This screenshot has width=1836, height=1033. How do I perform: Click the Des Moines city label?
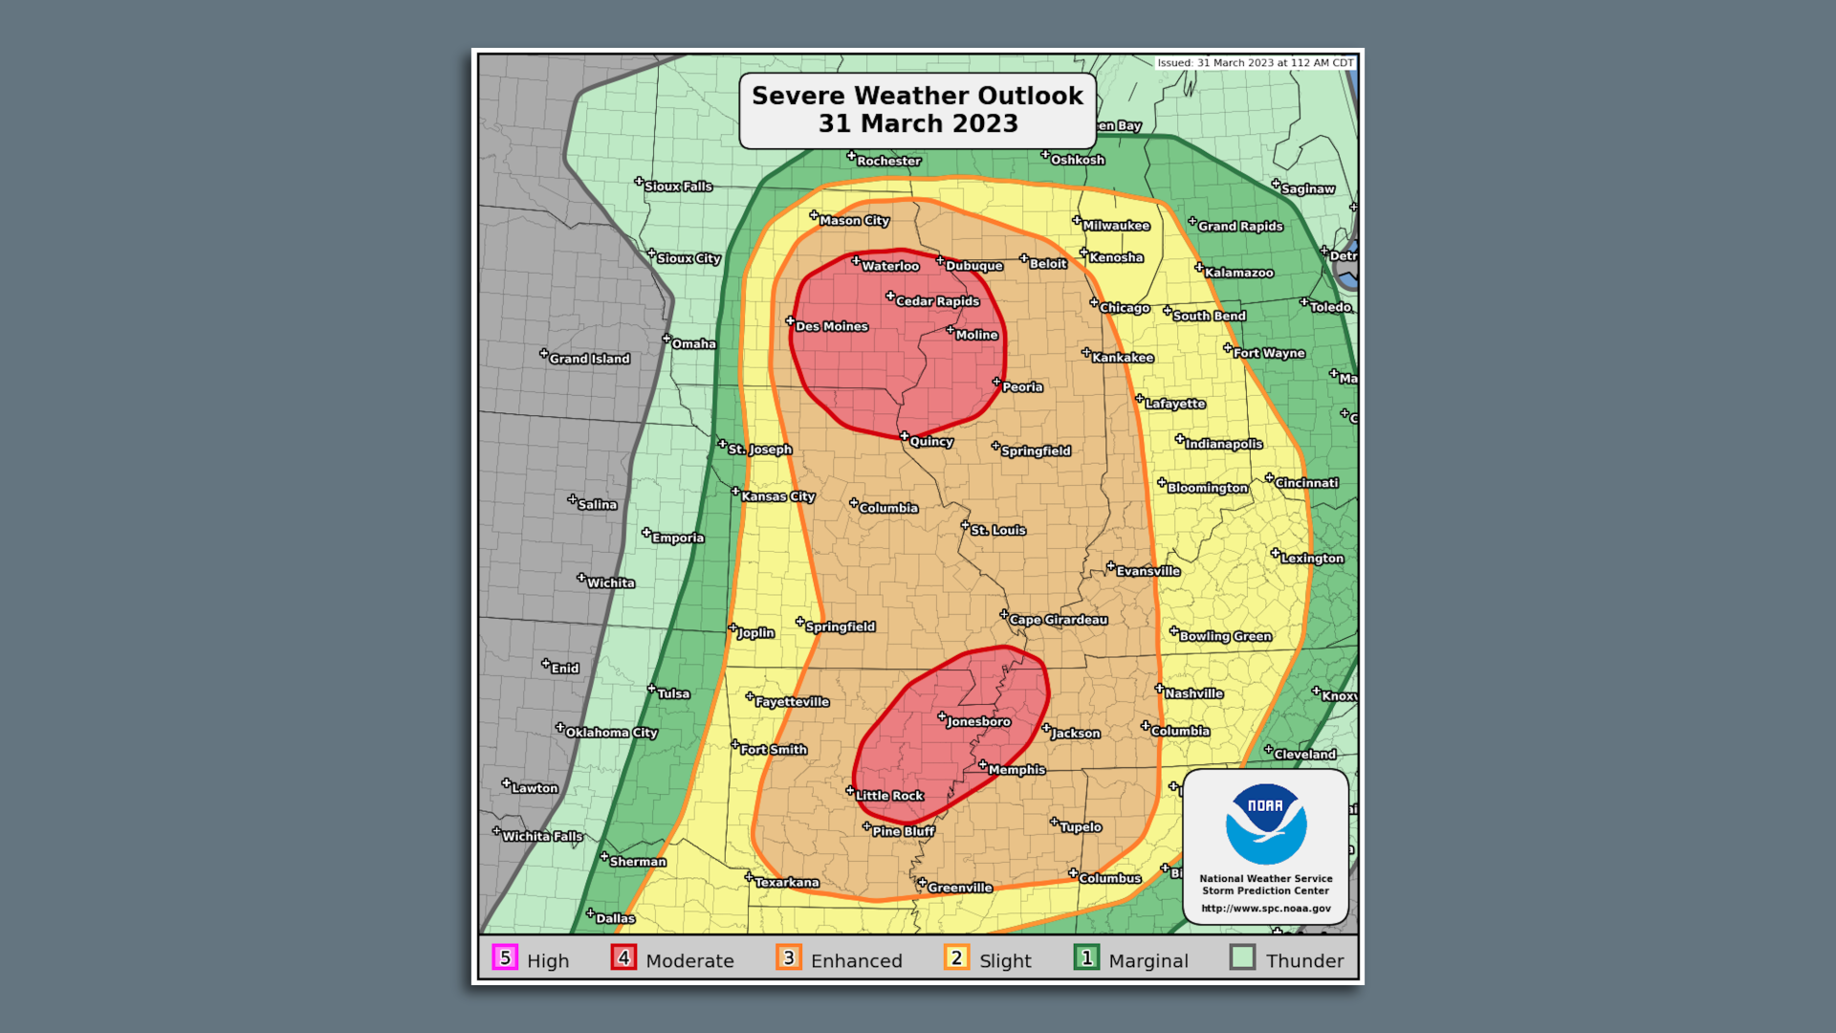(831, 326)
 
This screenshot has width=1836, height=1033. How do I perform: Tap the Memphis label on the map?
(1016, 770)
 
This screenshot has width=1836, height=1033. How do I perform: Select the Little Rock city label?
(889, 796)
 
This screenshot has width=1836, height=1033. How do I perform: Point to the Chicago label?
(1125, 308)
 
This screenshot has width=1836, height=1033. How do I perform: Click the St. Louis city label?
(997, 530)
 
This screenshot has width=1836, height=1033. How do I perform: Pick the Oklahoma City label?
(611, 733)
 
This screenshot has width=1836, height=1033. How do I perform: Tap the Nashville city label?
(1193, 693)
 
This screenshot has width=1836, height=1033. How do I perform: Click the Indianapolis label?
(1224, 444)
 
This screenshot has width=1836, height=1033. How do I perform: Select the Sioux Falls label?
(678, 187)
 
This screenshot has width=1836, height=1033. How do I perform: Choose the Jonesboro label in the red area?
(978, 722)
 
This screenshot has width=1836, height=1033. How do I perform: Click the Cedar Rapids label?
(937, 301)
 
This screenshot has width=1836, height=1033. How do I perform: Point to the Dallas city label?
(615, 918)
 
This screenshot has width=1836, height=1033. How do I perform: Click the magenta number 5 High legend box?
(505, 957)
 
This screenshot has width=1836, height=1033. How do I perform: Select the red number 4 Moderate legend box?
(623, 957)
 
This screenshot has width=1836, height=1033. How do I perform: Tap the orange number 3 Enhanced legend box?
(789, 957)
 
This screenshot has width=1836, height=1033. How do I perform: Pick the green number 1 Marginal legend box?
(1086, 957)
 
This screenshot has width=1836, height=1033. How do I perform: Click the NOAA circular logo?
(1266, 824)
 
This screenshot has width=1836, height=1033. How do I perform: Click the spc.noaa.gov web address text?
(1266, 909)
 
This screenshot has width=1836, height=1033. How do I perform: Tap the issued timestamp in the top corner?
(1255, 63)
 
